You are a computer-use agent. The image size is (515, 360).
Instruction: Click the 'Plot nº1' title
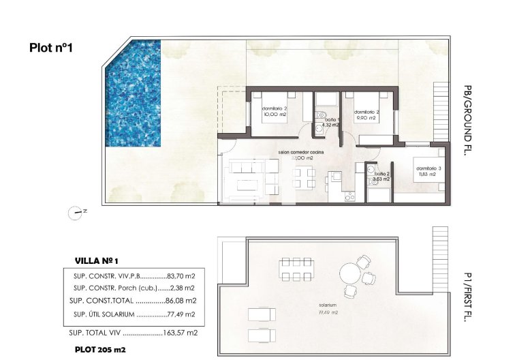(51, 48)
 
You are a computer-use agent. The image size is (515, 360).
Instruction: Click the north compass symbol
(75, 212)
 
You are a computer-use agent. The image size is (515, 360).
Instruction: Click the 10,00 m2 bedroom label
(274, 112)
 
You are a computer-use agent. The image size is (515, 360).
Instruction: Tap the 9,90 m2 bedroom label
(367, 114)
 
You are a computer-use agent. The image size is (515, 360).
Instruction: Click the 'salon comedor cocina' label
(302, 153)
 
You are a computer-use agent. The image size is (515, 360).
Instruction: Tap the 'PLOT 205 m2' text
(100, 350)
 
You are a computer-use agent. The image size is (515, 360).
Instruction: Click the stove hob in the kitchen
(349, 198)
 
